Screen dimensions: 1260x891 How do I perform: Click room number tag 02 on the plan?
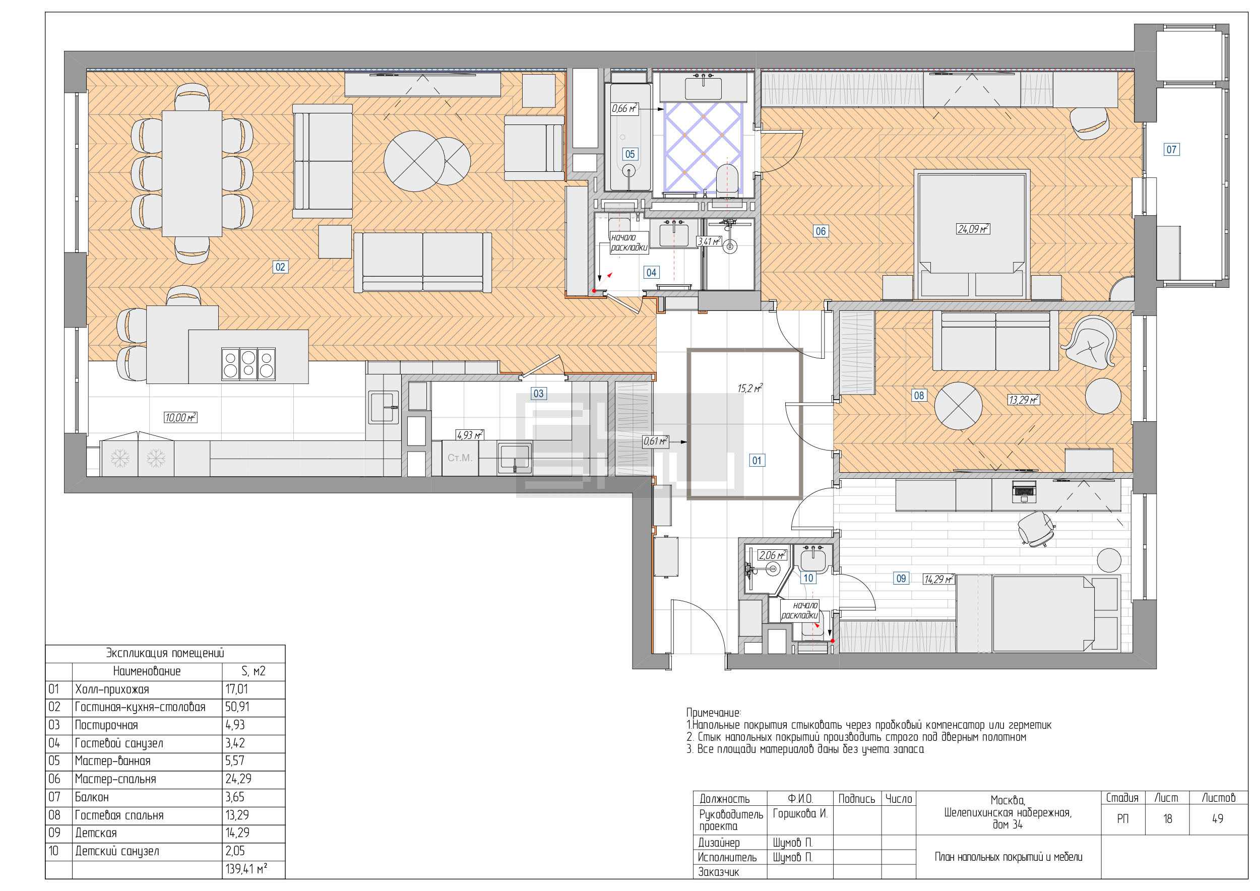click(280, 267)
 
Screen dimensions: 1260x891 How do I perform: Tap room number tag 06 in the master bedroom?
click(821, 231)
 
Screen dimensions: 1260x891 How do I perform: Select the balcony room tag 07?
click(1171, 149)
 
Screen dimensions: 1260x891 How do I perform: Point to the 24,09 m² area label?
click(973, 229)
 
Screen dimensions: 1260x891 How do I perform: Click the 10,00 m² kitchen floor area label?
click(180, 417)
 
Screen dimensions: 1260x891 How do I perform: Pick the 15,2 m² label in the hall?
click(749, 389)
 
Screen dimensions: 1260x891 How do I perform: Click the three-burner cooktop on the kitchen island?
click(248, 364)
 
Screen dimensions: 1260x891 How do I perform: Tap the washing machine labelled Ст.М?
click(460, 458)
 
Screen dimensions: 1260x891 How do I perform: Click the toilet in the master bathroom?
click(727, 178)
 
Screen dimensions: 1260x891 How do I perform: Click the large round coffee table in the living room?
click(414, 161)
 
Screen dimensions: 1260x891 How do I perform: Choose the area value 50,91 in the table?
click(237, 707)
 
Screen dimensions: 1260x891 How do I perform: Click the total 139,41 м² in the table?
click(246, 869)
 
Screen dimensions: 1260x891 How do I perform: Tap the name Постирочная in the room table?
click(106, 725)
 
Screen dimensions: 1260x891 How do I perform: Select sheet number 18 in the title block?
click(1167, 818)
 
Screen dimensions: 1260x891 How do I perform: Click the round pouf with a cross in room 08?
click(958, 406)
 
